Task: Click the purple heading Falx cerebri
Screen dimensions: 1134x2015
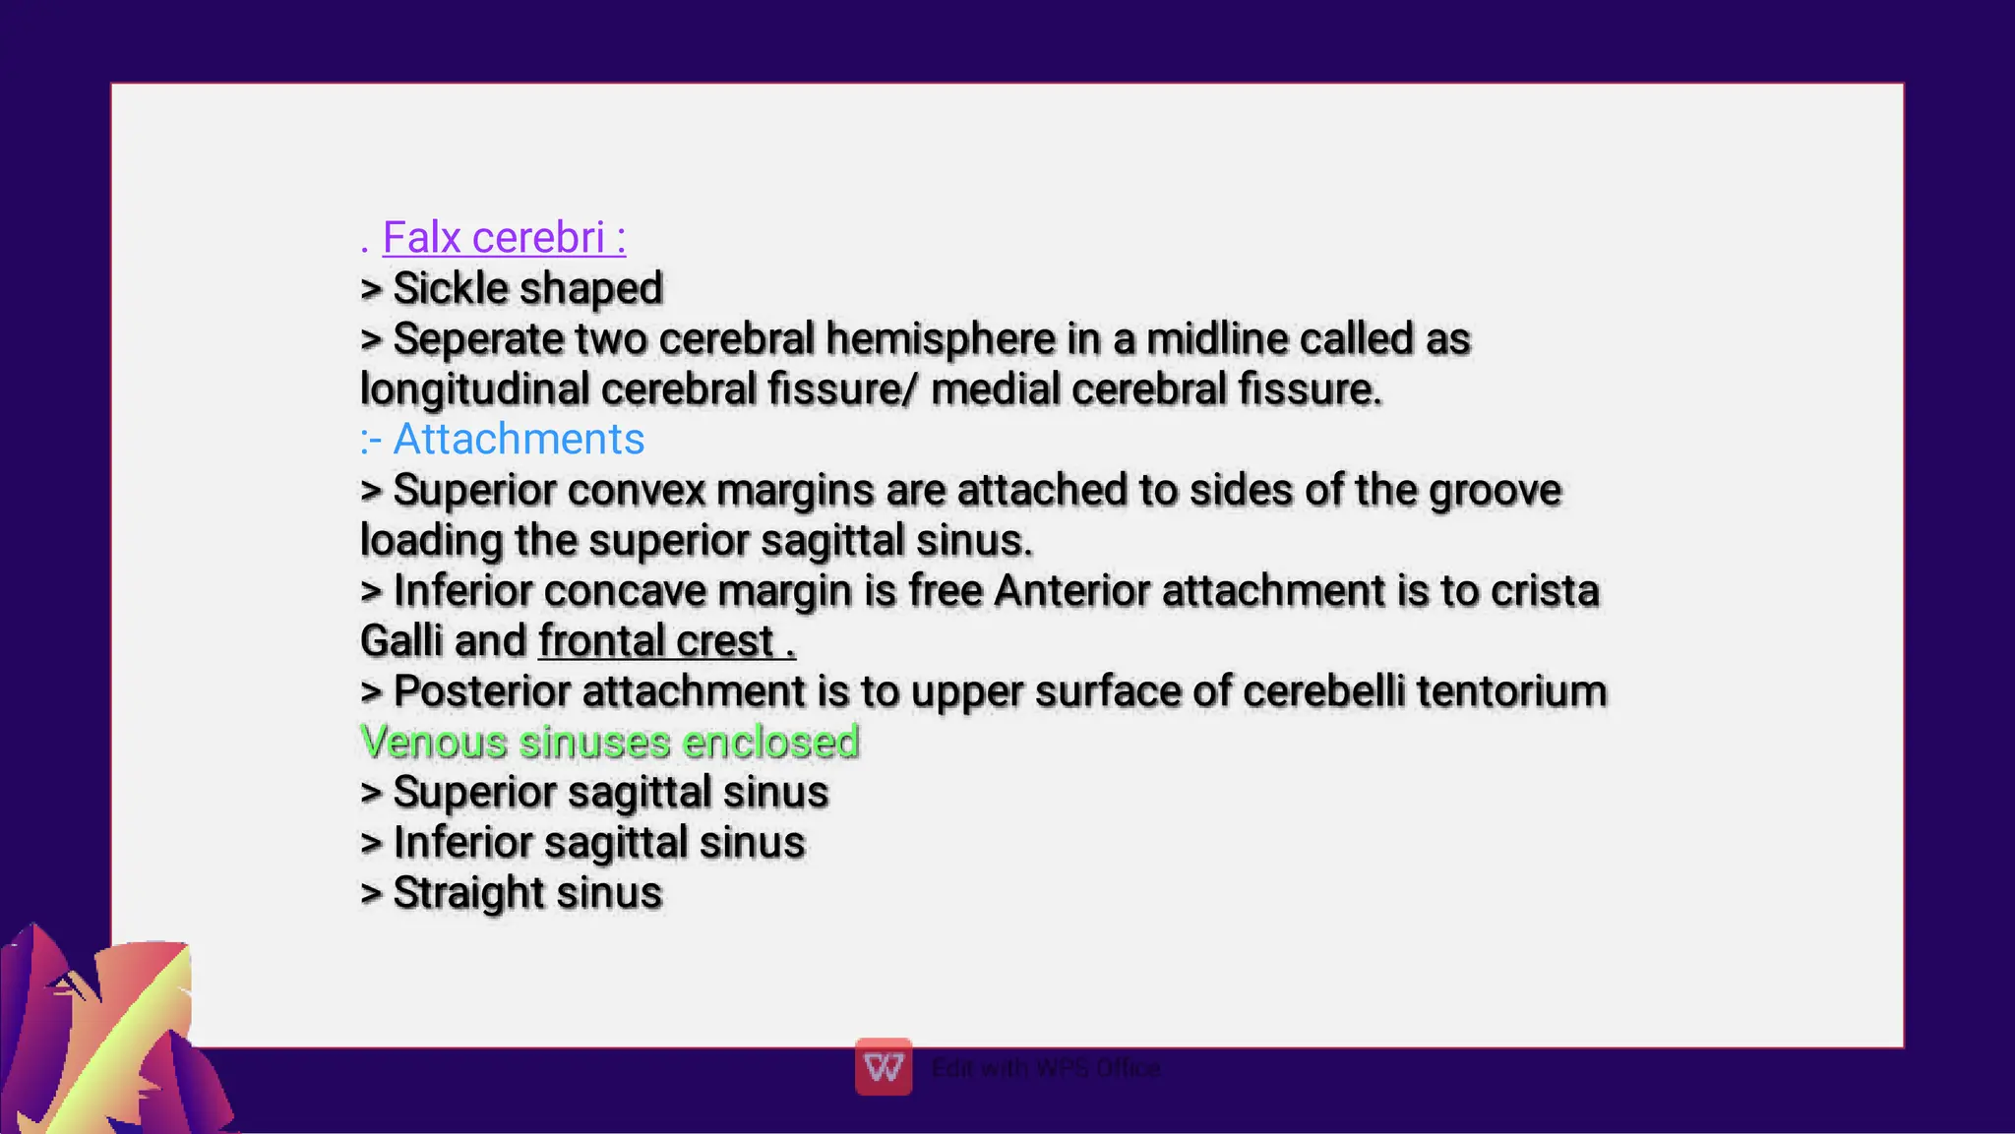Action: (x=503, y=238)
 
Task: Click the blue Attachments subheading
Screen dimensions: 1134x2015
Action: (x=518, y=440)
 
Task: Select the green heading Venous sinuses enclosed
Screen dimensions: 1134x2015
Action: (x=610, y=743)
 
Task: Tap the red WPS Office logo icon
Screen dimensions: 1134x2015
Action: (x=884, y=1067)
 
